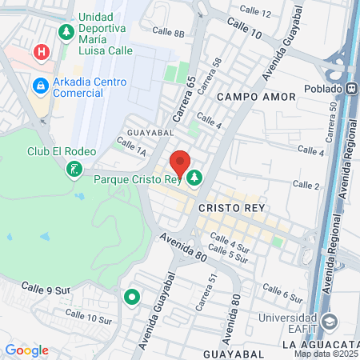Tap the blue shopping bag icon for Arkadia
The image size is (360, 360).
39,84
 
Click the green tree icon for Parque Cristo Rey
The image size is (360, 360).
194,178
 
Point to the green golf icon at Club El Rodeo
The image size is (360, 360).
74,168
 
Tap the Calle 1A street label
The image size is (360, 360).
130,145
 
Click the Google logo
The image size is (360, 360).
26,350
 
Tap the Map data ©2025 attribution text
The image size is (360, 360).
326,354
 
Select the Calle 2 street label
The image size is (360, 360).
306,185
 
